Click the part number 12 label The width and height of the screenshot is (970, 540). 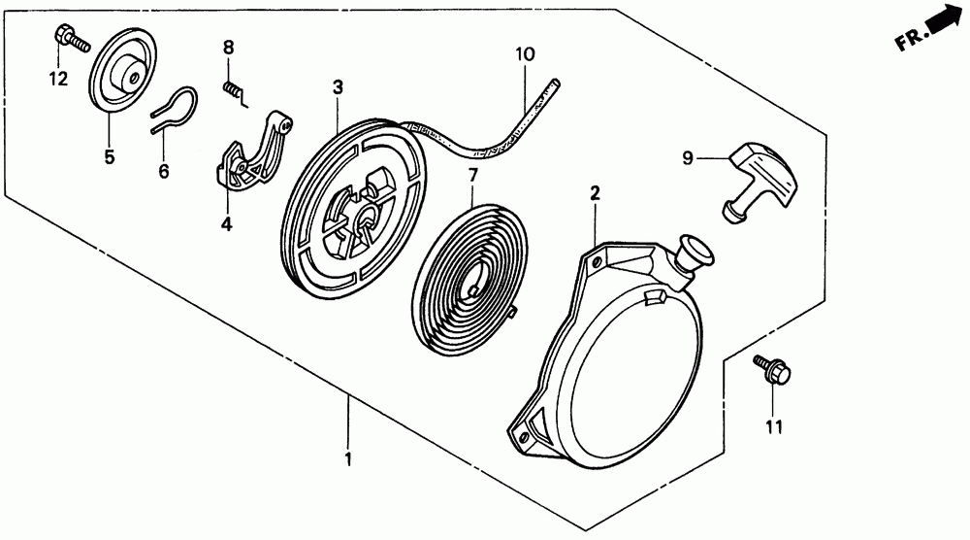click(58, 80)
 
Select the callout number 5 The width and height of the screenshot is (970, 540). click(110, 156)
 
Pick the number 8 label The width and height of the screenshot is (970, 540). click(229, 47)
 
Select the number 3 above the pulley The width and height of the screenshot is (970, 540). click(338, 87)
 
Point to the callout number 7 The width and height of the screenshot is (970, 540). click(472, 175)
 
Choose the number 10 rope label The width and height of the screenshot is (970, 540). click(524, 54)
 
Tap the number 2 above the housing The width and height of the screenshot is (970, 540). click(594, 193)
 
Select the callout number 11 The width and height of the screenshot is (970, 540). click(773, 425)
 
